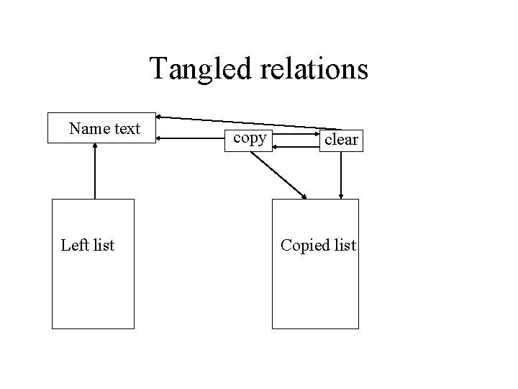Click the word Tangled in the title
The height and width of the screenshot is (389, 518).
tap(201, 69)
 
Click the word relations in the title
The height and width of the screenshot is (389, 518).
tap(314, 68)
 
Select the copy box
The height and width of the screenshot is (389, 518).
tap(248, 140)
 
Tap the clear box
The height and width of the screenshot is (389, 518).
tap(341, 140)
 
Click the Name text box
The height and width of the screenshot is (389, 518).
tap(101, 128)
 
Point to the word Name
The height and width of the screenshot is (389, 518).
tap(89, 128)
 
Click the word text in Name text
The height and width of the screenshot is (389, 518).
tap(127, 129)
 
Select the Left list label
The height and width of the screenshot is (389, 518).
tap(88, 245)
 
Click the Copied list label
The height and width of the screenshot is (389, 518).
tap(319, 246)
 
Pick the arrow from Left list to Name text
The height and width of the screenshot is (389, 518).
tap(95, 171)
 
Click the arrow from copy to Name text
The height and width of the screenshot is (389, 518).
tap(190, 138)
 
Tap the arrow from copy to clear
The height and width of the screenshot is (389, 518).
tap(296, 134)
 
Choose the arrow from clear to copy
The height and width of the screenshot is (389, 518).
tap(296, 147)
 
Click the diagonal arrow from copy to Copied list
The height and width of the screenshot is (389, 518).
tap(278, 175)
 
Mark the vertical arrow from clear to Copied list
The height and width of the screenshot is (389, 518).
tap(341, 175)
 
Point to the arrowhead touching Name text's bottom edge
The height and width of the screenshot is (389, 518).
tap(95, 146)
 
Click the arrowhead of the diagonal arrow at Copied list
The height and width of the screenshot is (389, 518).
tap(304, 197)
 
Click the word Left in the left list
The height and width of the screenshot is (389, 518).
tap(75, 245)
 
